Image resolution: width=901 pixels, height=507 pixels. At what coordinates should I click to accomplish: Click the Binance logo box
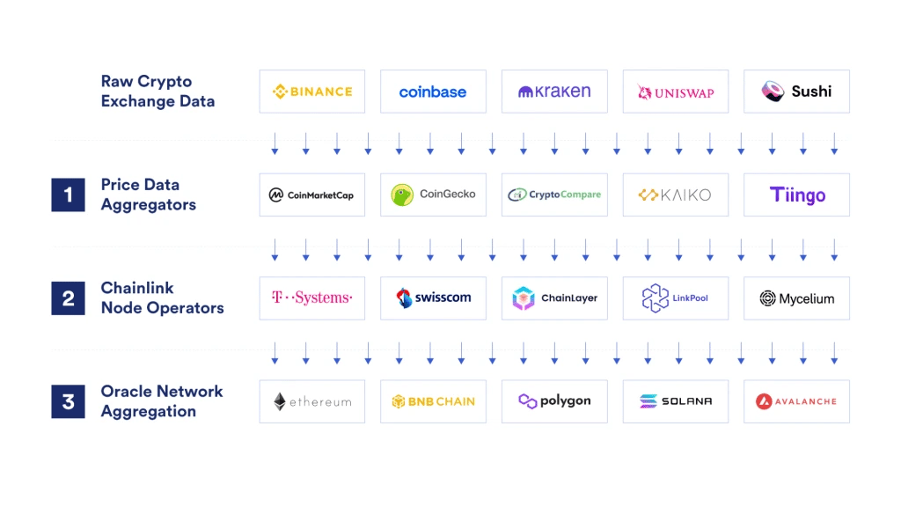(311, 92)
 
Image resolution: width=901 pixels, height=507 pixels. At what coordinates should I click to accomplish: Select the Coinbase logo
(433, 92)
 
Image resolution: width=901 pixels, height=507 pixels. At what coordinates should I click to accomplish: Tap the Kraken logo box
(554, 92)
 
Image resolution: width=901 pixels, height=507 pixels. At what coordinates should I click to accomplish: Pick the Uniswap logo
(676, 92)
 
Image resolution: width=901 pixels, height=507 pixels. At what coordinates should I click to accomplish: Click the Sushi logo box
(796, 92)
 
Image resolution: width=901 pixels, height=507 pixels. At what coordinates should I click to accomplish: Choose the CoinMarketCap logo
(311, 195)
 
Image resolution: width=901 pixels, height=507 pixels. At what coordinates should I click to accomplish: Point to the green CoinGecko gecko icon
(403, 195)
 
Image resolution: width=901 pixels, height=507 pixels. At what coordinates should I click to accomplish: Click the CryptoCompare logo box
(554, 195)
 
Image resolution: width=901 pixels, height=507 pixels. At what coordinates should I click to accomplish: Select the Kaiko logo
(676, 195)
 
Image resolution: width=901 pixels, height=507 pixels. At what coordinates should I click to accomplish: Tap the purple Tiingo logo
(797, 195)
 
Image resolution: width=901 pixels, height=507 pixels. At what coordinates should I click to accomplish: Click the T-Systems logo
(311, 298)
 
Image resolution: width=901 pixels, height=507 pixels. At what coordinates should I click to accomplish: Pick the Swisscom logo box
(433, 298)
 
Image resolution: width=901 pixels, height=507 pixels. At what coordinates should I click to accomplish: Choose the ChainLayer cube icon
(524, 298)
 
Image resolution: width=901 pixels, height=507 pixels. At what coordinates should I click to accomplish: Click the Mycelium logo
(796, 298)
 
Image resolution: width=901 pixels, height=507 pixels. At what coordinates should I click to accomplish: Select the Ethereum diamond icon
(280, 401)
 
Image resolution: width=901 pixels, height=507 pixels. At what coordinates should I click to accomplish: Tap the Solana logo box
(676, 401)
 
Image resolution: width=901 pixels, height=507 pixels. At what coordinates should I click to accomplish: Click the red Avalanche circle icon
(764, 401)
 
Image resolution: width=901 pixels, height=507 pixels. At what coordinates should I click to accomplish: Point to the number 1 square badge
(68, 195)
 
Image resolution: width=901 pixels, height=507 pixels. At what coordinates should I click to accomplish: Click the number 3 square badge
(68, 401)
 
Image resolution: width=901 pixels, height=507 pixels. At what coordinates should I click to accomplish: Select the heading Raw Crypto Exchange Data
(157, 92)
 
